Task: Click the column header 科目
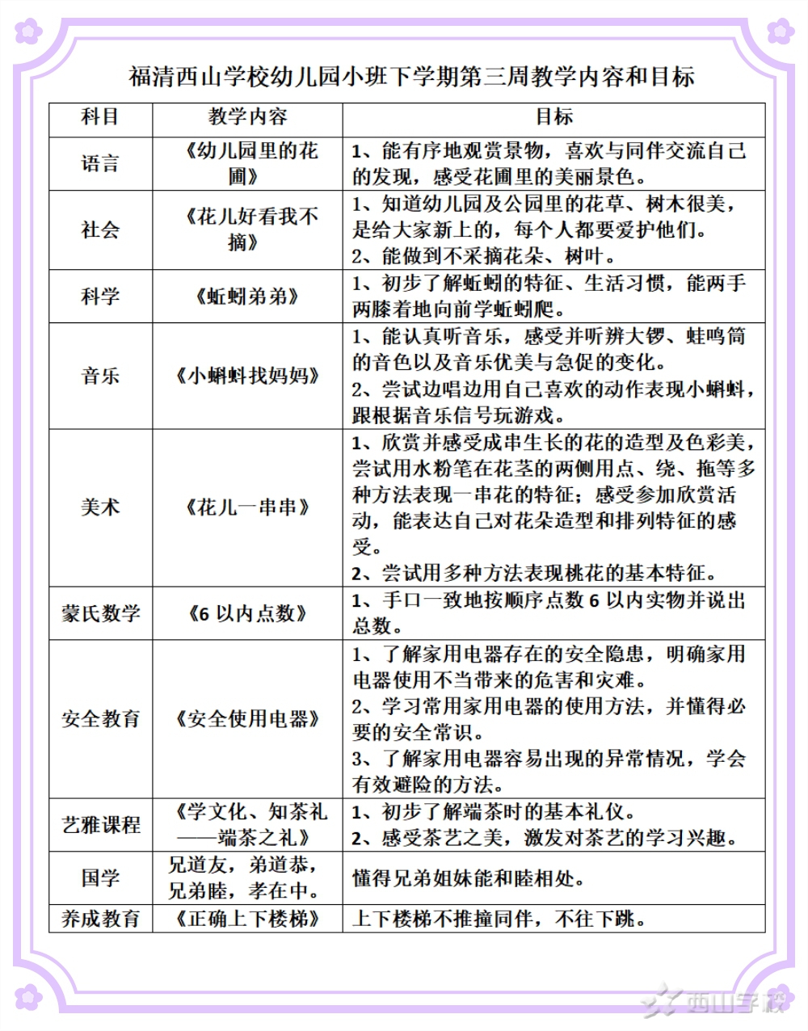click(x=100, y=117)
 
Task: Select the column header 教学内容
click(x=247, y=117)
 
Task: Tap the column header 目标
click(x=553, y=117)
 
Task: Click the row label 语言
click(x=100, y=164)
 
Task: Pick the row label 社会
click(x=100, y=230)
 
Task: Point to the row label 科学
click(x=100, y=297)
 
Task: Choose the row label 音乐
click(x=100, y=376)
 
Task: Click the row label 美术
click(x=100, y=507)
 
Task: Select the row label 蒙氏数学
click(x=100, y=613)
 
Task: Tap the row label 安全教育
click(x=100, y=718)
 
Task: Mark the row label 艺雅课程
click(x=100, y=825)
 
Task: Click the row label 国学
click(x=100, y=877)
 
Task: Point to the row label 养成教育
click(x=100, y=919)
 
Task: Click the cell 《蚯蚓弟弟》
click(x=247, y=297)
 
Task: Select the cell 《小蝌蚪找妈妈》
click(x=247, y=376)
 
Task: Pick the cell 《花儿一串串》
click(x=247, y=507)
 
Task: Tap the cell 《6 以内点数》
click(x=247, y=613)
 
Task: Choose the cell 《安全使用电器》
click(x=247, y=718)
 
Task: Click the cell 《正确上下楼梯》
click(x=247, y=919)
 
